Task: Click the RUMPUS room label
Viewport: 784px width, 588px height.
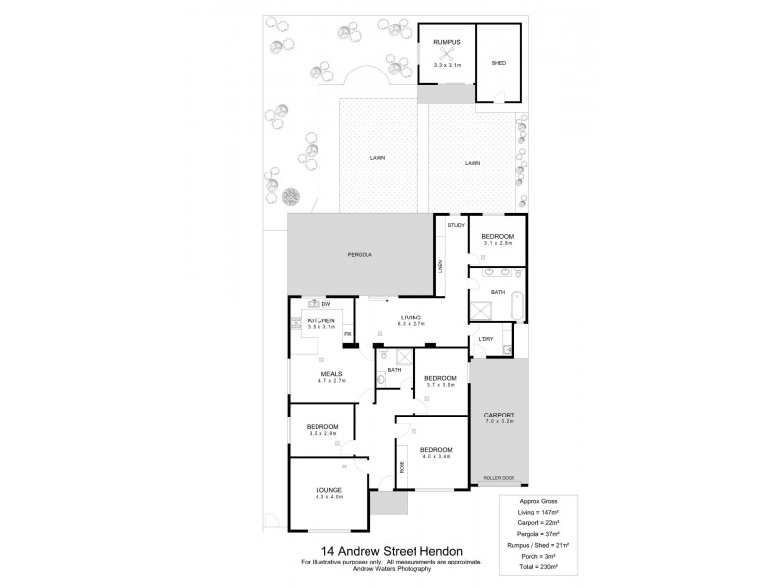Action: click(447, 42)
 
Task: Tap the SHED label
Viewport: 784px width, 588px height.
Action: click(498, 64)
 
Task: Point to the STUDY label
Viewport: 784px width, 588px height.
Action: click(455, 226)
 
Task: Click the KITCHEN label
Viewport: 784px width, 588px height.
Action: click(321, 320)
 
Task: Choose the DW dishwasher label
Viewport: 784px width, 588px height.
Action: click(324, 304)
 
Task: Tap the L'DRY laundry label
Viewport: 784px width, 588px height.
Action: click(485, 339)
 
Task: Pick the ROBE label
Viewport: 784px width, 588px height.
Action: click(402, 465)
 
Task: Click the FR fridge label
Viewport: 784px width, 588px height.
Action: click(346, 335)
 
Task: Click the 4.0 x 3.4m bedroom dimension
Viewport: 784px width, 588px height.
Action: click(436, 456)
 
